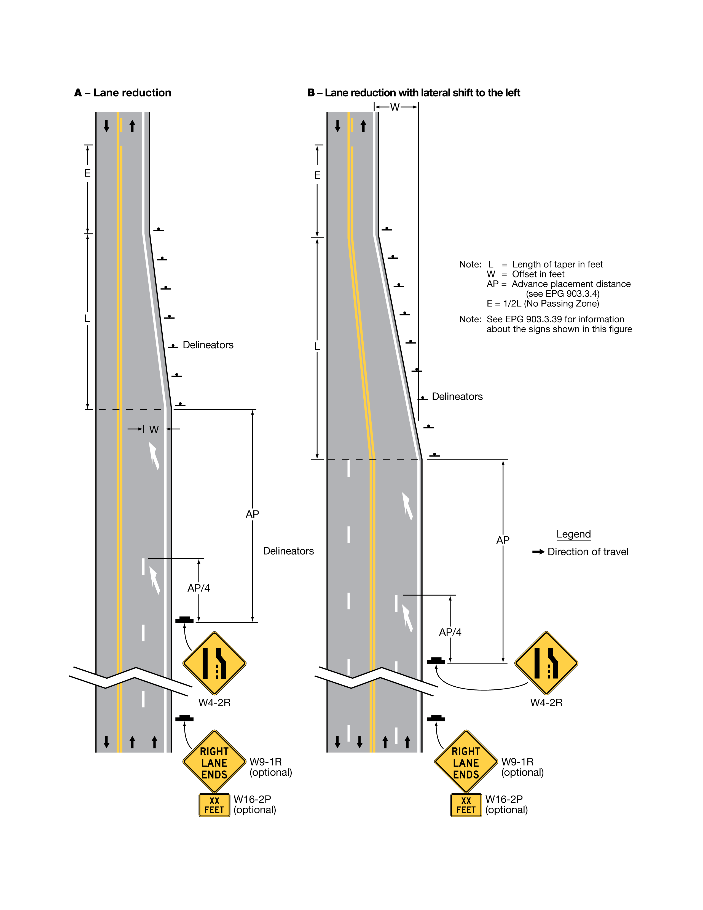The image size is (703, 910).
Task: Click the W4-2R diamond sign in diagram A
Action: [214, 663]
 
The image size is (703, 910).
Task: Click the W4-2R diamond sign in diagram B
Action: [546, 663]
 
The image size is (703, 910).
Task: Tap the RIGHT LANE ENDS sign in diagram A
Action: [214, 762]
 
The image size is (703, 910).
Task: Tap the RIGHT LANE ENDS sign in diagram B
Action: [466, 762]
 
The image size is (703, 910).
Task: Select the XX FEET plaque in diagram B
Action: [466, 805]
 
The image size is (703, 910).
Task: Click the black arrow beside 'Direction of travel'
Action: [538, 552]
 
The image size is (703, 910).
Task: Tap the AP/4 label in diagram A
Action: [199, 588]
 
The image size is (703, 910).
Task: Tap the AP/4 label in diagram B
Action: [450, 632]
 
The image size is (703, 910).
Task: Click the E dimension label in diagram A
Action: [87, 173]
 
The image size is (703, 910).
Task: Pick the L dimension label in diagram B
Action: [317, 346]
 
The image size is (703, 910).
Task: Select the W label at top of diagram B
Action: [395, 108]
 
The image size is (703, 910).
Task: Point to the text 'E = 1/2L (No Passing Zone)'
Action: [543, 303]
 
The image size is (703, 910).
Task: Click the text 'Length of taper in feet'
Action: [557, 264]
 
